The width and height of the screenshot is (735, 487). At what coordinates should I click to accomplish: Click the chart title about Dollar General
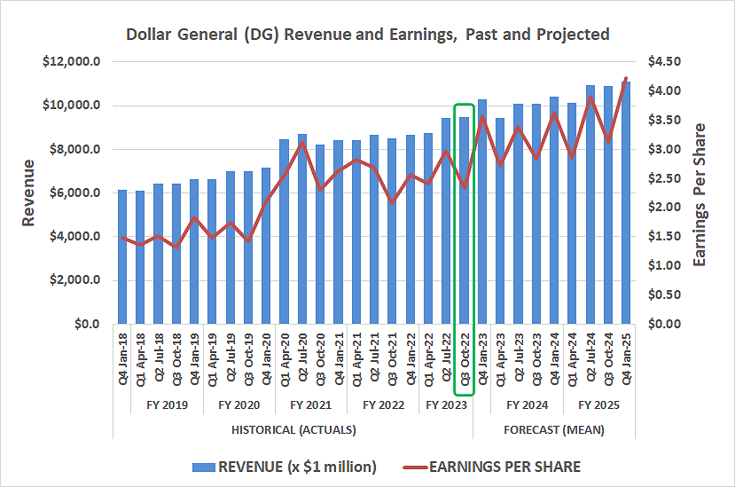pyautogui.click(x=368, y=35)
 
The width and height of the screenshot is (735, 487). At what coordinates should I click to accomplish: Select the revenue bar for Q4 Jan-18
pyautogui.click(x=122, y=257)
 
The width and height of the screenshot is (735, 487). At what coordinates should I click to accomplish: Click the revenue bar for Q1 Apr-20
pyautogui.click(x=284, y=231)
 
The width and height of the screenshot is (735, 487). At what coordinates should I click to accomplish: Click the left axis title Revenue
pyautogui.click(x=29, y=192)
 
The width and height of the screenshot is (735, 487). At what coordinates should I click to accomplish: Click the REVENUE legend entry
pyautogui.click(x=285, y=466)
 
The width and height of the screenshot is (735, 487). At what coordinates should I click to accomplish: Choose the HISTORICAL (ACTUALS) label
pyautogui.click(x=293, y=430)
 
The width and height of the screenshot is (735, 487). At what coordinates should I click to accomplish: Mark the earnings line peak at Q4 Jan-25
pyautogui.click(x=626, y=79)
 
